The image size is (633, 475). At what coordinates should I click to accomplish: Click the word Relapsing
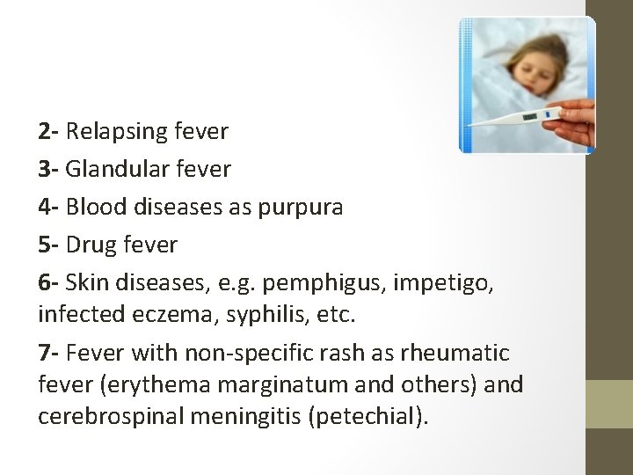(x=115, y=133)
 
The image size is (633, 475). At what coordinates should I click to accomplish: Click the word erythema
(x=154, y=385)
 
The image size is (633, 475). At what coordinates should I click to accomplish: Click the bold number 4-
(x=49, y=208)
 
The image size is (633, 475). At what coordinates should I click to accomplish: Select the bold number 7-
(x=49, y=354)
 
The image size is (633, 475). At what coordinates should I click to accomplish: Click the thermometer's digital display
(x=530, y=116)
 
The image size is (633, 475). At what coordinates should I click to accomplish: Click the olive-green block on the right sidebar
(x=609, y=404)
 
